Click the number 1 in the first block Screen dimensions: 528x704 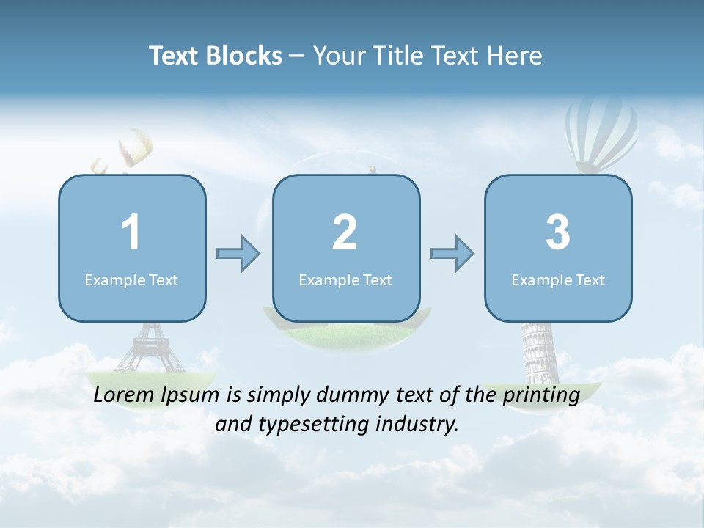tap(131, 232)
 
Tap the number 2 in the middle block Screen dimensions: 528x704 tap(345, 232)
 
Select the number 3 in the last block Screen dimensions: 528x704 tap(558, 232)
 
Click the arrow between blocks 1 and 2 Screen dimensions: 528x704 tap(238, 254)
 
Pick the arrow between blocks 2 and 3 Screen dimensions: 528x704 tap(452, 254)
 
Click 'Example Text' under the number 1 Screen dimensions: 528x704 tap(131, 280)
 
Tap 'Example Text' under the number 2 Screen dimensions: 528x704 tap(345, 280)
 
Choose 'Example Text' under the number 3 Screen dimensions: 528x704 tap(558, 280)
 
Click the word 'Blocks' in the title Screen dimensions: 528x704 tap(243, 56)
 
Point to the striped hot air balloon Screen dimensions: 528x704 tap(601, 136)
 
